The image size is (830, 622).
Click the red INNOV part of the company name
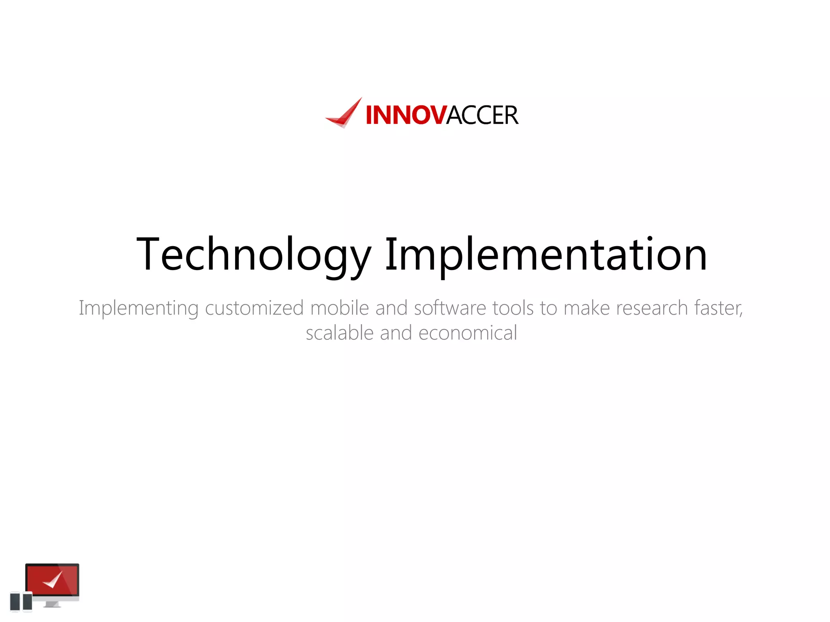(x=406, y=115)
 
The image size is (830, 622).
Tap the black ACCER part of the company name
(x=482, y=115)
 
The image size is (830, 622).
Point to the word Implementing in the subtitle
(x=138, y=309)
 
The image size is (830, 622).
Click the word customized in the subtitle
(x=254, y=309)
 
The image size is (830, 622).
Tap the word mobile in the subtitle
(x=339, y=308)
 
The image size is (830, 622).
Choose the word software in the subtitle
(x=450, y=308)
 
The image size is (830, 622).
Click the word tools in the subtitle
(x=513, y=308)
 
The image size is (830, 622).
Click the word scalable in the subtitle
(x=340, y=333)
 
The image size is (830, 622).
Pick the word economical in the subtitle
(x=468, y=333)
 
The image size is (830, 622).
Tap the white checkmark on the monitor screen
(x=53, y=580)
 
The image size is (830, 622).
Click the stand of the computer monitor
(x=52, y=604)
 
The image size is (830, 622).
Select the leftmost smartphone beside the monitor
(x=15, y=601)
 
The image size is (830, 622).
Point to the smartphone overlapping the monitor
(x=28, y=601)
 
